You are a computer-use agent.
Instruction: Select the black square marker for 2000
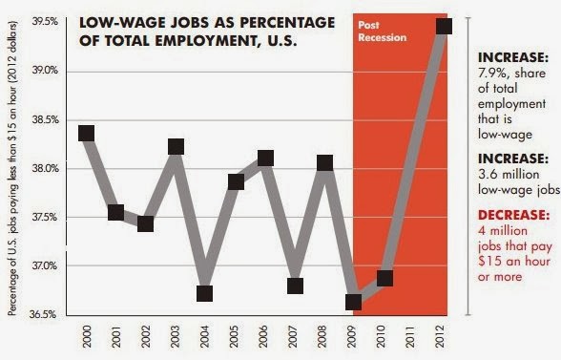coord(87,133)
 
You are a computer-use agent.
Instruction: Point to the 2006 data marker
coord(265,158)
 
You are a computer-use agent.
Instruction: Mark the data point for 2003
coord(176,146)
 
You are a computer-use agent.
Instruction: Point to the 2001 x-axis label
coord(116,337)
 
